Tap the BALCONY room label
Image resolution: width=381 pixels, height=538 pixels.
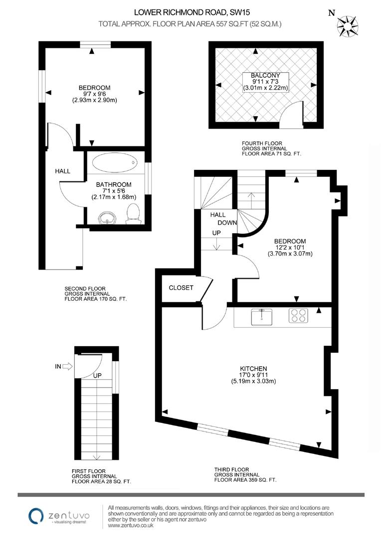pos(265,76)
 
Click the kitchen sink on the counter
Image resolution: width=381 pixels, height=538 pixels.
pos(260,315)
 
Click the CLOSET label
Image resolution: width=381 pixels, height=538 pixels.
pos(181,287)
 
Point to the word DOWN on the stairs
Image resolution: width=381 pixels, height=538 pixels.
pos(227,223)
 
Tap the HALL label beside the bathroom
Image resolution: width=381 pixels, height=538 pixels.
pos(62,171)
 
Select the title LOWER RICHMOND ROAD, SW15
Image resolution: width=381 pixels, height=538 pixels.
pos(190,12)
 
